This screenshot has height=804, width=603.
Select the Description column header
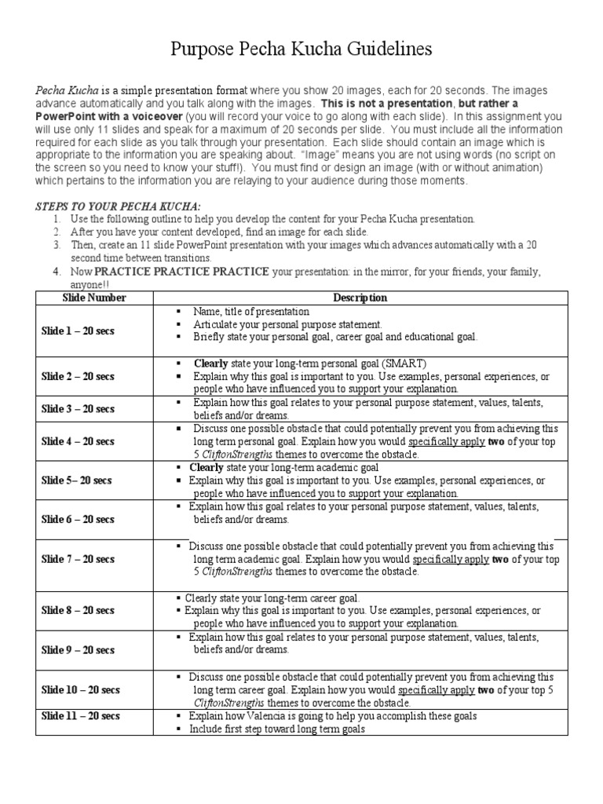[360, 298]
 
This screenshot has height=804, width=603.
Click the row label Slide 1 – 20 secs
[78, 331]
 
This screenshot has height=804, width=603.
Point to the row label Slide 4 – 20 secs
[78, 442]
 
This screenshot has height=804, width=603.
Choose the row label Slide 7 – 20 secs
[78, 559]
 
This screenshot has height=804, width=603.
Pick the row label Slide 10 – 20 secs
[80, 689]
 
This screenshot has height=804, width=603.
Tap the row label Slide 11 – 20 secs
[80, 716]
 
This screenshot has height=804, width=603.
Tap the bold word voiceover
[152, 115]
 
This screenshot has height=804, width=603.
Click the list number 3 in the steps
[57, 245]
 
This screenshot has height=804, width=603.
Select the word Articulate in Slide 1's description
[214, 324]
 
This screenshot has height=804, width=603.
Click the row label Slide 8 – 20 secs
[78, 611]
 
